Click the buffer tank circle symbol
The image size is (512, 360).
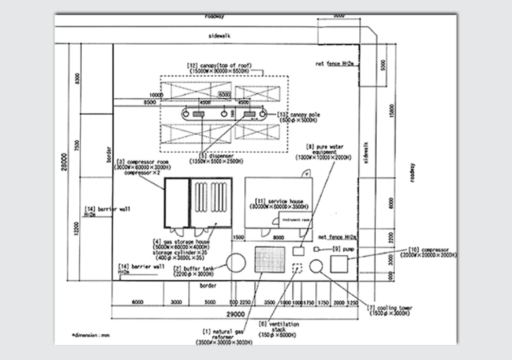236,263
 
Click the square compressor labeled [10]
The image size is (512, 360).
339,264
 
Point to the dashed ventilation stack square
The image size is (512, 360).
297,268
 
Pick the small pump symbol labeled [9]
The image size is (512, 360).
316,249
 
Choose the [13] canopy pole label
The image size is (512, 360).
299,117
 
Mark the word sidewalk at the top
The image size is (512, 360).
219,37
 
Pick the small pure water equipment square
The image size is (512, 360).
298,251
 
